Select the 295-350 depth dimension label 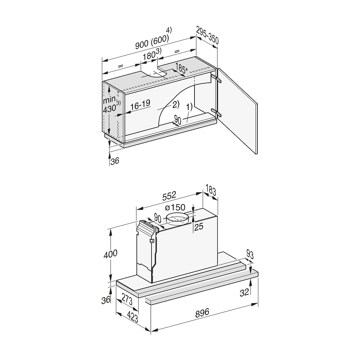pos(208,35)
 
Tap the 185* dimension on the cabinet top pos(181,68)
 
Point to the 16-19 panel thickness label pos(140,105)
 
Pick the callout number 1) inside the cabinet pos(189,107)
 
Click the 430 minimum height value pos(109,109)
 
